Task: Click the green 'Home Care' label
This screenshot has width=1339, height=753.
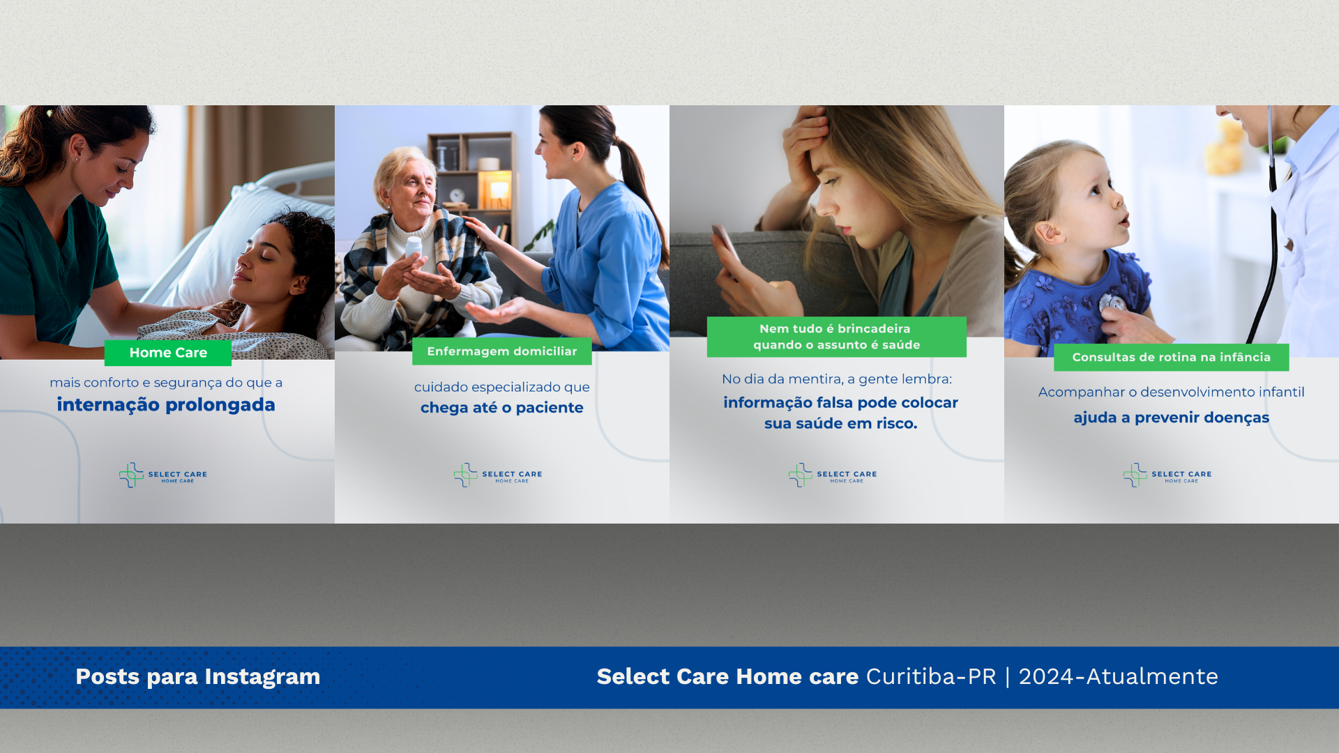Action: click(x=168, y=353)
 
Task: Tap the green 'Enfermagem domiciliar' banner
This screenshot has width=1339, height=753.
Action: click(x=502, y=351)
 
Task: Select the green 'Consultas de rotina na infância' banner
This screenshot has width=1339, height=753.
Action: click(x=1172, y=357)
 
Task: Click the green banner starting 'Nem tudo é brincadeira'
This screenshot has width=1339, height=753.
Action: click(x=837, y=337)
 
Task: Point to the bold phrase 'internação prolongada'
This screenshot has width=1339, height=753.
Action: click(x=166, y=405)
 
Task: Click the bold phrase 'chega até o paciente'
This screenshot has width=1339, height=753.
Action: click(x=502, y=408)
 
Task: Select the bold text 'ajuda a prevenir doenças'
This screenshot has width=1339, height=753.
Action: click(x=1172, y=418)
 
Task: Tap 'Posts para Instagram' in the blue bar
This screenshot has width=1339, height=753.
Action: click(x=198, y=676)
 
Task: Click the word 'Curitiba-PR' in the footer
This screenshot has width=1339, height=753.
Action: click(x=931, y=676)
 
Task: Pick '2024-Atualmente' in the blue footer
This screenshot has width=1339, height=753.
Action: click(x=1119, y=676)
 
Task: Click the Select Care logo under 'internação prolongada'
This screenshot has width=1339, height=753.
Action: click(x=163, y=476)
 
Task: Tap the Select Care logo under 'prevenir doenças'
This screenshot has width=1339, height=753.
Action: click(x=1167, y=476)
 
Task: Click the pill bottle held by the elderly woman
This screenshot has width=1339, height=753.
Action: click(x=414, y=250)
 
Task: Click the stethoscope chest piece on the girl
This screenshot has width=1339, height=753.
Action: click(x=1112, y=304)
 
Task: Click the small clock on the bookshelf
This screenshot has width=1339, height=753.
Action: click(x=457, y=196)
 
